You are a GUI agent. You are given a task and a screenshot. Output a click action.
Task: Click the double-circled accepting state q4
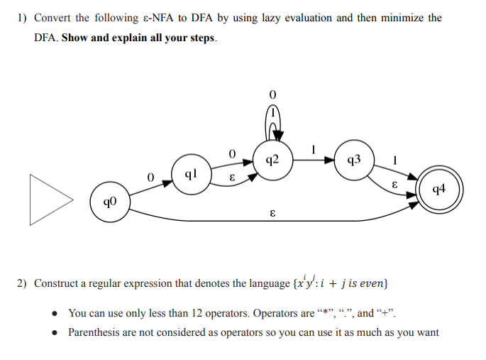click(x=438, y=189)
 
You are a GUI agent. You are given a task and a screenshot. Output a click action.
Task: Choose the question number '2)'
click(x=22, y=283)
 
